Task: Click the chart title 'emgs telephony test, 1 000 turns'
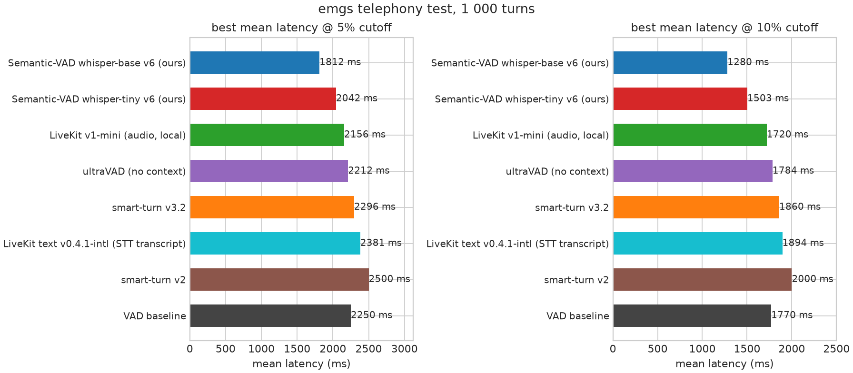click(426, 9)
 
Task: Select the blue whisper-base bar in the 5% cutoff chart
click(255, 62)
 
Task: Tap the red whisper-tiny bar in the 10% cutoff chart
click(680, 98)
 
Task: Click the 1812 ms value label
click(340, 62)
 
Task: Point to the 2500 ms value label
click(389, 279)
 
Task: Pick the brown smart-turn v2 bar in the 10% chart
click(703, 279)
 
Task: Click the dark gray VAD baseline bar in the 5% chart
click(270, 315)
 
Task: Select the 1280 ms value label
click(748, 62)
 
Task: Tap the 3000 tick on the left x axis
click(405, 349)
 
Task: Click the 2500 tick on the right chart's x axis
click(836, 349)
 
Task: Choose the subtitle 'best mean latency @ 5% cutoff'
click(301, 28)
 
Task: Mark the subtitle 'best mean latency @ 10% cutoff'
click(724, 28)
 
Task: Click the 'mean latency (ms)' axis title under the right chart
click(724, 364)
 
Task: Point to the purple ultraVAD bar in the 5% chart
click(269, 171)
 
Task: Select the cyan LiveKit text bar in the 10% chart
click(698, 243)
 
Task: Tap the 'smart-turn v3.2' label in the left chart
click(149, 207)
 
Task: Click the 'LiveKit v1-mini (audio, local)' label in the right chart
click(541, 135)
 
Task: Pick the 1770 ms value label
click(792, 315)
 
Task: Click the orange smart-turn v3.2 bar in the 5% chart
click(272, 207)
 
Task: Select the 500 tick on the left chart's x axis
click(226, 349)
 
